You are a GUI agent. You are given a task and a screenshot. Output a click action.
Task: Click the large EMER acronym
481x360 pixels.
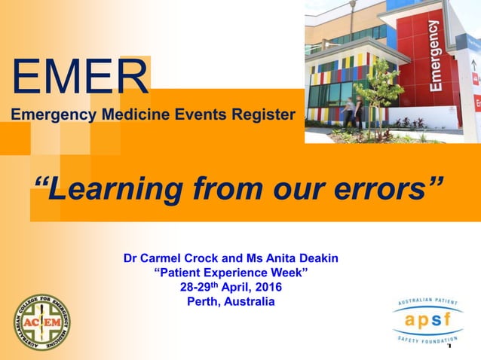coord(80,76)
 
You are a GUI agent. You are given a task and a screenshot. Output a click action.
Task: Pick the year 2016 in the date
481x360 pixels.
coord(268,288)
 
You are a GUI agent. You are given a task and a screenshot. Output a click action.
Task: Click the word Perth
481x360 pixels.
coord(204,302)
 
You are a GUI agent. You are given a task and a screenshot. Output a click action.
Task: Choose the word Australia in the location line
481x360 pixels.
coord(249,302)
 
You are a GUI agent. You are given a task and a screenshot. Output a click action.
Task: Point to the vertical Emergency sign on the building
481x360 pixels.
coord(435,56)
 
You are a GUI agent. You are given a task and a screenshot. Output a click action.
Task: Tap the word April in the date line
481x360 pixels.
coord(232,288)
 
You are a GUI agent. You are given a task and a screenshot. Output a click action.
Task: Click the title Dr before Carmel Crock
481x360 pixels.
coord(131,258)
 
